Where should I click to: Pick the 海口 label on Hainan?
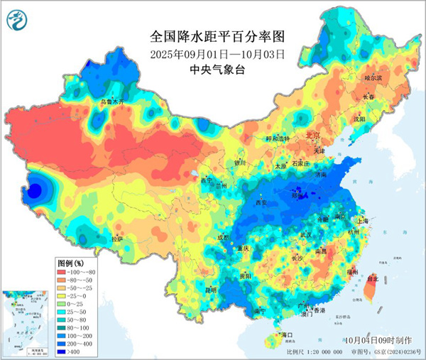point(287,334)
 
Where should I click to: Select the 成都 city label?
point(224,238)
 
